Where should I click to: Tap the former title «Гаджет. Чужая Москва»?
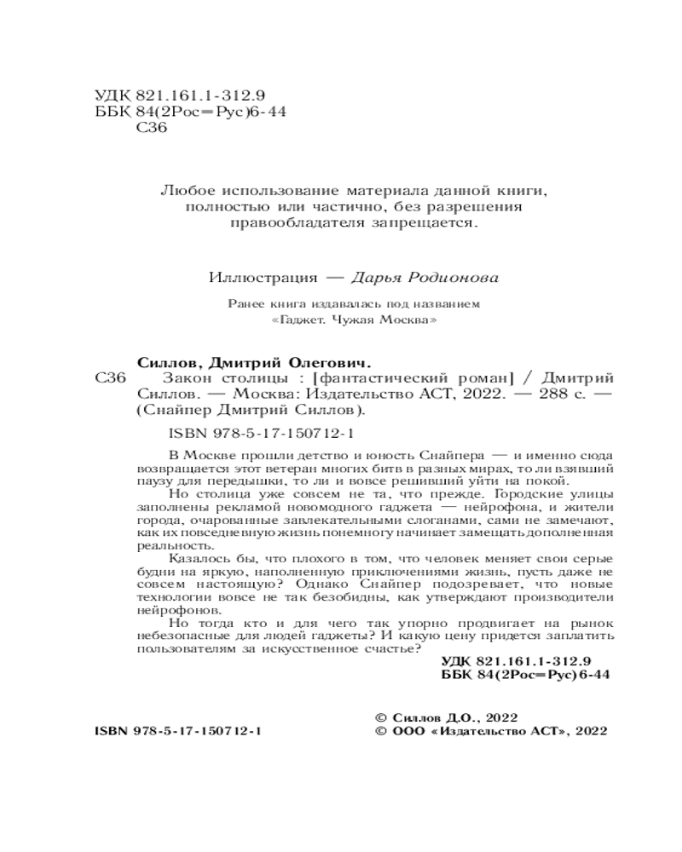tap(341, 321)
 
